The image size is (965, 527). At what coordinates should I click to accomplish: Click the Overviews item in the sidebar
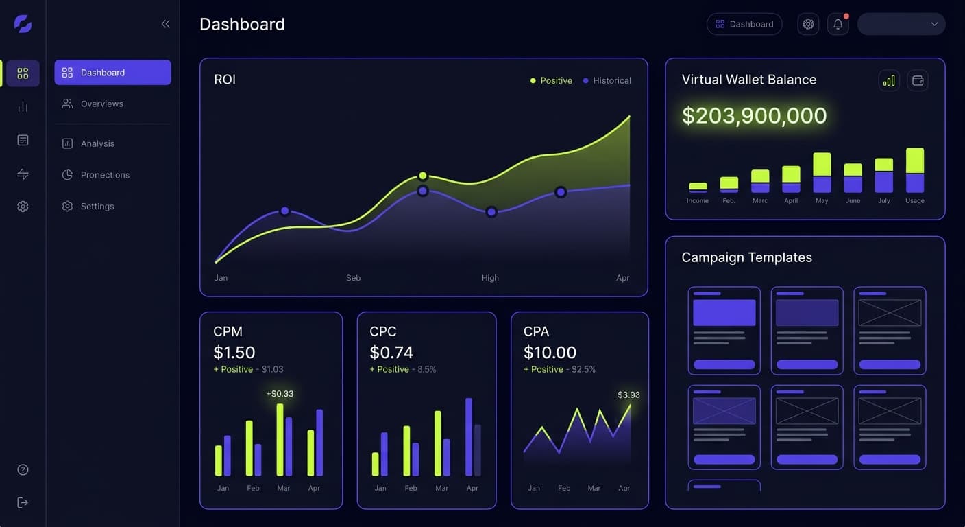click(x=101, y=104)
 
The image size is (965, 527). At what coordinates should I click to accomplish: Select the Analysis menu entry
click(x=97, y=143)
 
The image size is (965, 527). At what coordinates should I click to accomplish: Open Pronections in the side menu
click(x=104, y=175)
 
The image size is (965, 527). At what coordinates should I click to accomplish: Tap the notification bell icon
click(x=838, y=24)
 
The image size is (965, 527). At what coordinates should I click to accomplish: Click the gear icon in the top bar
click(x=808, y=24)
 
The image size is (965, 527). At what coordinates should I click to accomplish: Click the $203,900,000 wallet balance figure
click(x=754, y=115)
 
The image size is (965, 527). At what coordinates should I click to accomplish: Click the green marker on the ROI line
click(x=423, y=176)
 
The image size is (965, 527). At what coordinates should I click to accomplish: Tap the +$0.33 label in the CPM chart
click(x=280, y=393)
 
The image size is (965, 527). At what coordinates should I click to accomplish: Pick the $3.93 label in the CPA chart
click(x=628, y=395)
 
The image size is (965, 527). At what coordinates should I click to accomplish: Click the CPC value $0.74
click(x=391, y=352)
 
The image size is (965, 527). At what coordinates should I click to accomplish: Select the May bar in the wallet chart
click(x=822, y=173)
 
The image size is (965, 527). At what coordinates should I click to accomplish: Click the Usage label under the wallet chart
click(x=914, y=201)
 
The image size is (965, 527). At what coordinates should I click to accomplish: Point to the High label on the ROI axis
click(x=490, y=278)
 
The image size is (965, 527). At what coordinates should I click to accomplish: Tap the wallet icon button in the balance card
click(x=918, y=80)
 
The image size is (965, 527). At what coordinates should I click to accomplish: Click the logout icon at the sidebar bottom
click(x=23, y=503)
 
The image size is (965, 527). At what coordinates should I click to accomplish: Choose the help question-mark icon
click(x=23, y=470)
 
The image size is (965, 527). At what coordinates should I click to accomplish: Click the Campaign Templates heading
click(x=746, y=257)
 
